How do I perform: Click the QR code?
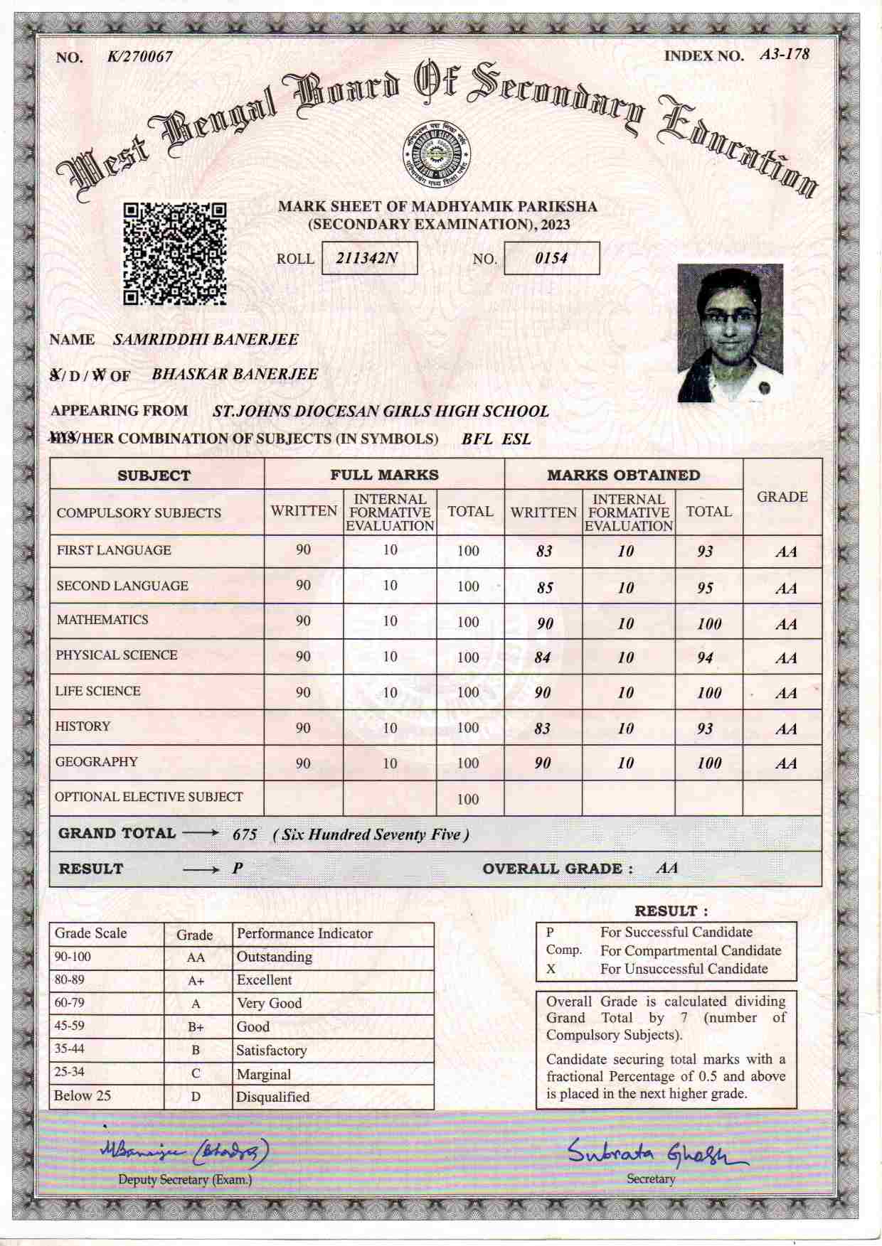pyautogui.click(x=175, y=254)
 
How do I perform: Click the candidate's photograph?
pyautogui.click(x=730, y=333)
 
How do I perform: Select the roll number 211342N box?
pyautogui.click(x=369, y=258)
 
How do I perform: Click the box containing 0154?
pyautogui.click(x=551, y=258)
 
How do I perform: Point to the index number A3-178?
pyautogui.click(x=784, y=55)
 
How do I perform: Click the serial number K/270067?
pyautogui.click(x=139, y=57)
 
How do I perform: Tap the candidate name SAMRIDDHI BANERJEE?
pyautogui.click(x=206, y=340)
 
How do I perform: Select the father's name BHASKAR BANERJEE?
pyautogui.click(x=235, y=375)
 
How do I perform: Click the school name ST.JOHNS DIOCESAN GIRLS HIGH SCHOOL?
pyautogui.click(x=381, y=412)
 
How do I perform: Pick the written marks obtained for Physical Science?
pyautogui.click(x=543, y=657)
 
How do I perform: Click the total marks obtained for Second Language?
pyautogui.click(x=705, y=588)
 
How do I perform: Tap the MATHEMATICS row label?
pyautogui.click(x=102, y=620)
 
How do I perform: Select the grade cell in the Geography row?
pyautogui.click(x=785, y=764)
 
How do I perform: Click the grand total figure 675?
pyautogui.click(x=245, y=834)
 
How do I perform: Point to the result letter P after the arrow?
pyautogui.click(x=238, y=869)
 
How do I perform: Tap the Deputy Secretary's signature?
pyautogui.click(x=184, y=1151)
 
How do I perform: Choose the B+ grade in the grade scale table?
pyautogui.click(x=196, y=1027)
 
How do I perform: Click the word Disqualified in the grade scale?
pyautogui.click(x=272, y=1097)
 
